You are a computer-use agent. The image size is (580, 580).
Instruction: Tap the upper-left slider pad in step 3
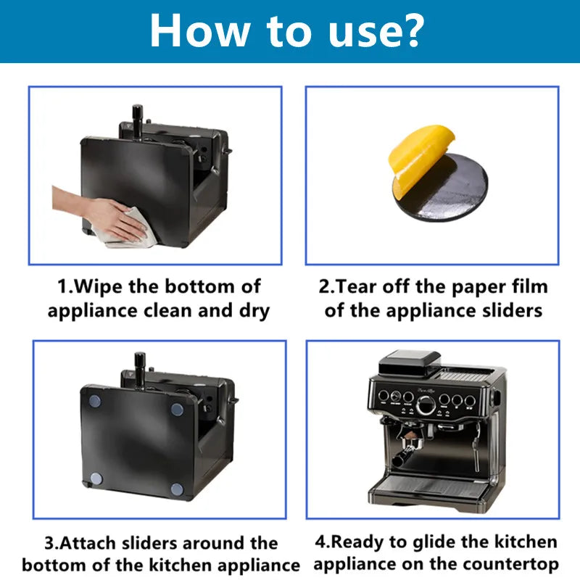tap(95, 401)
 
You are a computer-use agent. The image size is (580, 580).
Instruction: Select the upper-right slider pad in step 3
tap(177, 409)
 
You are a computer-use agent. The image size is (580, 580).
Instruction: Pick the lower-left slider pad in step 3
tap(96, 478)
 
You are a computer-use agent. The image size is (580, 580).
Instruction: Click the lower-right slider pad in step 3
tap(177, 489)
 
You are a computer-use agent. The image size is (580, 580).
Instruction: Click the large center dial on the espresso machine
tap(426, 405)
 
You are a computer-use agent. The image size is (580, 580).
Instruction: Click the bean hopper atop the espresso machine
tap(410, 361)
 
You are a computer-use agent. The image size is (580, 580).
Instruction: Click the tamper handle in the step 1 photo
tap(137, 117)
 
